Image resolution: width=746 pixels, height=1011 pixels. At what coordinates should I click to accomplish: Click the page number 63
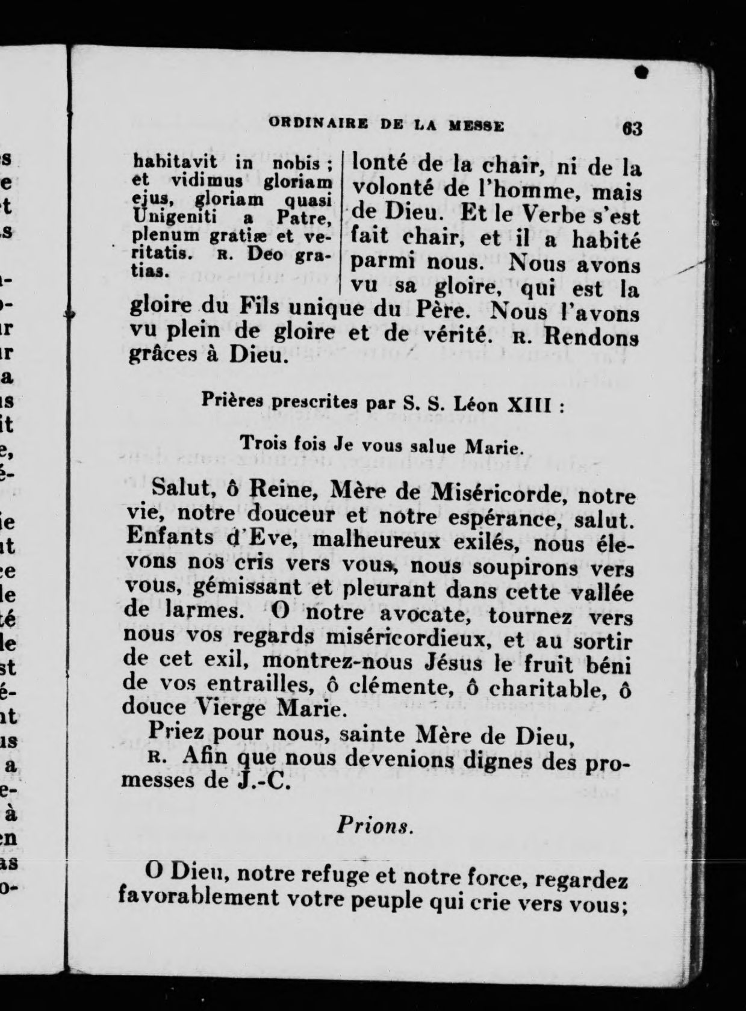[633, 129]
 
